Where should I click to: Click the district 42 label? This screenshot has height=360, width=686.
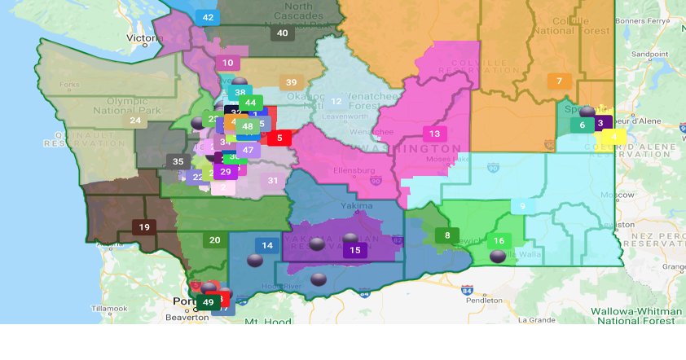coord(208,17)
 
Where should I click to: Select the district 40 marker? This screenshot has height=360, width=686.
coord(282,33)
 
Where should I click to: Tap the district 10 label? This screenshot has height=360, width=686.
coord(228,63)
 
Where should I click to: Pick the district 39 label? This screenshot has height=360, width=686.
coord(291,82)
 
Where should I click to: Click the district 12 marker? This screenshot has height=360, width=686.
coord(336,101)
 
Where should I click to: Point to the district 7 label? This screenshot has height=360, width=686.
coord(559,81)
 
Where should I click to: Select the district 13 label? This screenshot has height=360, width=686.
coord(434,134)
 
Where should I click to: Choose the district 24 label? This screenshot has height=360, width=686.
coord(135,121)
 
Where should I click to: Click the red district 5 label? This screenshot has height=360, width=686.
coord(279,138)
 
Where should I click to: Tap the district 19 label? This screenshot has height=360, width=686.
coord(144,227)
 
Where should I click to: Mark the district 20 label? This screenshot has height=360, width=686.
coord(214,239)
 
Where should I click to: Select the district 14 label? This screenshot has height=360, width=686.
coord(266,245)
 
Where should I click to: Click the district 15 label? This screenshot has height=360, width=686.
coord(354,250)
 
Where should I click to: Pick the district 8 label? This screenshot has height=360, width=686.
coord(446,236)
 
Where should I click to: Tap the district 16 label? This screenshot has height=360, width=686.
coord(499,240)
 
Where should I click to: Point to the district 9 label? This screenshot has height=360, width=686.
coord(522,206)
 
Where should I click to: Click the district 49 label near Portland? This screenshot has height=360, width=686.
coord(209,302)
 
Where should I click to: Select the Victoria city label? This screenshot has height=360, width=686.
coord(145,38)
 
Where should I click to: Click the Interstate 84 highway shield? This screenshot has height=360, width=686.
coord(467,289)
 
